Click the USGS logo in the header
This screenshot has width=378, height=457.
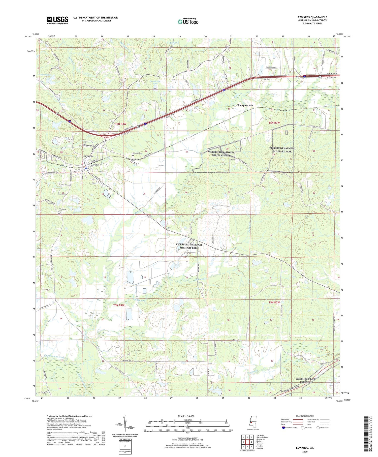[57, 20]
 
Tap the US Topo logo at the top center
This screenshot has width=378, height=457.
[188, 21]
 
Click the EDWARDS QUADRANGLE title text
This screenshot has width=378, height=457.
[312, 17]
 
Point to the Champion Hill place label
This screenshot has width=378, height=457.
[244, 105]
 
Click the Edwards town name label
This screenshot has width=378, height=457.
[88, 156]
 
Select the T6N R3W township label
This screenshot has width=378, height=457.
[274, 123]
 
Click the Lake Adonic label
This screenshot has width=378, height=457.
[46, 75]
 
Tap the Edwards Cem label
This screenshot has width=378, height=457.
[137, 153]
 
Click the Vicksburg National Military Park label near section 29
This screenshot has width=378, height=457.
[282, 150]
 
